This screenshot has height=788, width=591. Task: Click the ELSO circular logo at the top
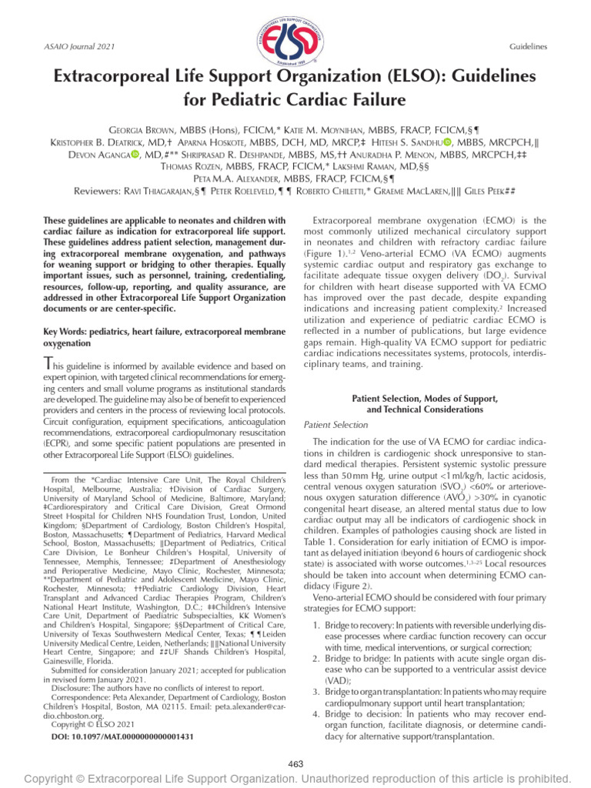tap(294, 38)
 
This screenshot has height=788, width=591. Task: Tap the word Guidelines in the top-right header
tap(528, 47)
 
